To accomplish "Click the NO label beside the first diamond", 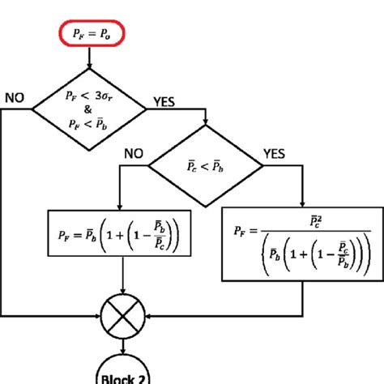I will (x=15, y=97).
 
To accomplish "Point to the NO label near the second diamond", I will (x=135, y=151).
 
